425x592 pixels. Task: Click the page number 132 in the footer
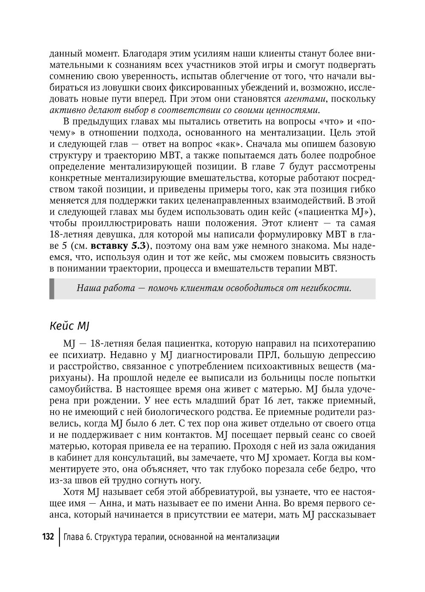pyautogui.click(x=48, y=536)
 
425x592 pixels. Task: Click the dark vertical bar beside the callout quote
pyautogui.click(x=52, y=288)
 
